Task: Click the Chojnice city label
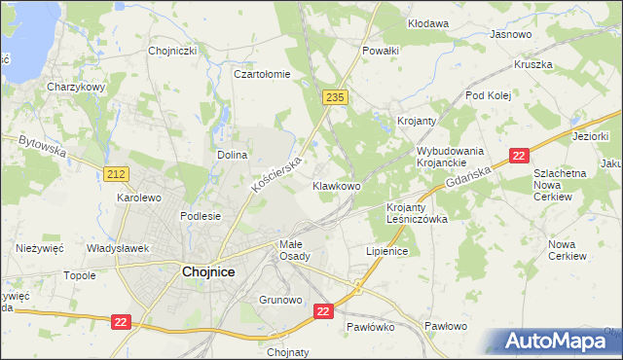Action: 208,272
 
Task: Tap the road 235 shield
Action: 335,97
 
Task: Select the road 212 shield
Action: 117,173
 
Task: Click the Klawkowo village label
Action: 337,185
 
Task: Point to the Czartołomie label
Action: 262,73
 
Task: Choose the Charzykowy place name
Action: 76,86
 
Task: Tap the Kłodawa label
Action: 428,22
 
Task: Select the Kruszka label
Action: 533,65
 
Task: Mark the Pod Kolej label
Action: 488,95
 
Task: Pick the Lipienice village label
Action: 386,250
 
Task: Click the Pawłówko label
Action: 370,328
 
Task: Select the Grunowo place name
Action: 280,300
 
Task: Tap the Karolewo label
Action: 138,197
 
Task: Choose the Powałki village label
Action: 381,50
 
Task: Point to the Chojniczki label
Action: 173,51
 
